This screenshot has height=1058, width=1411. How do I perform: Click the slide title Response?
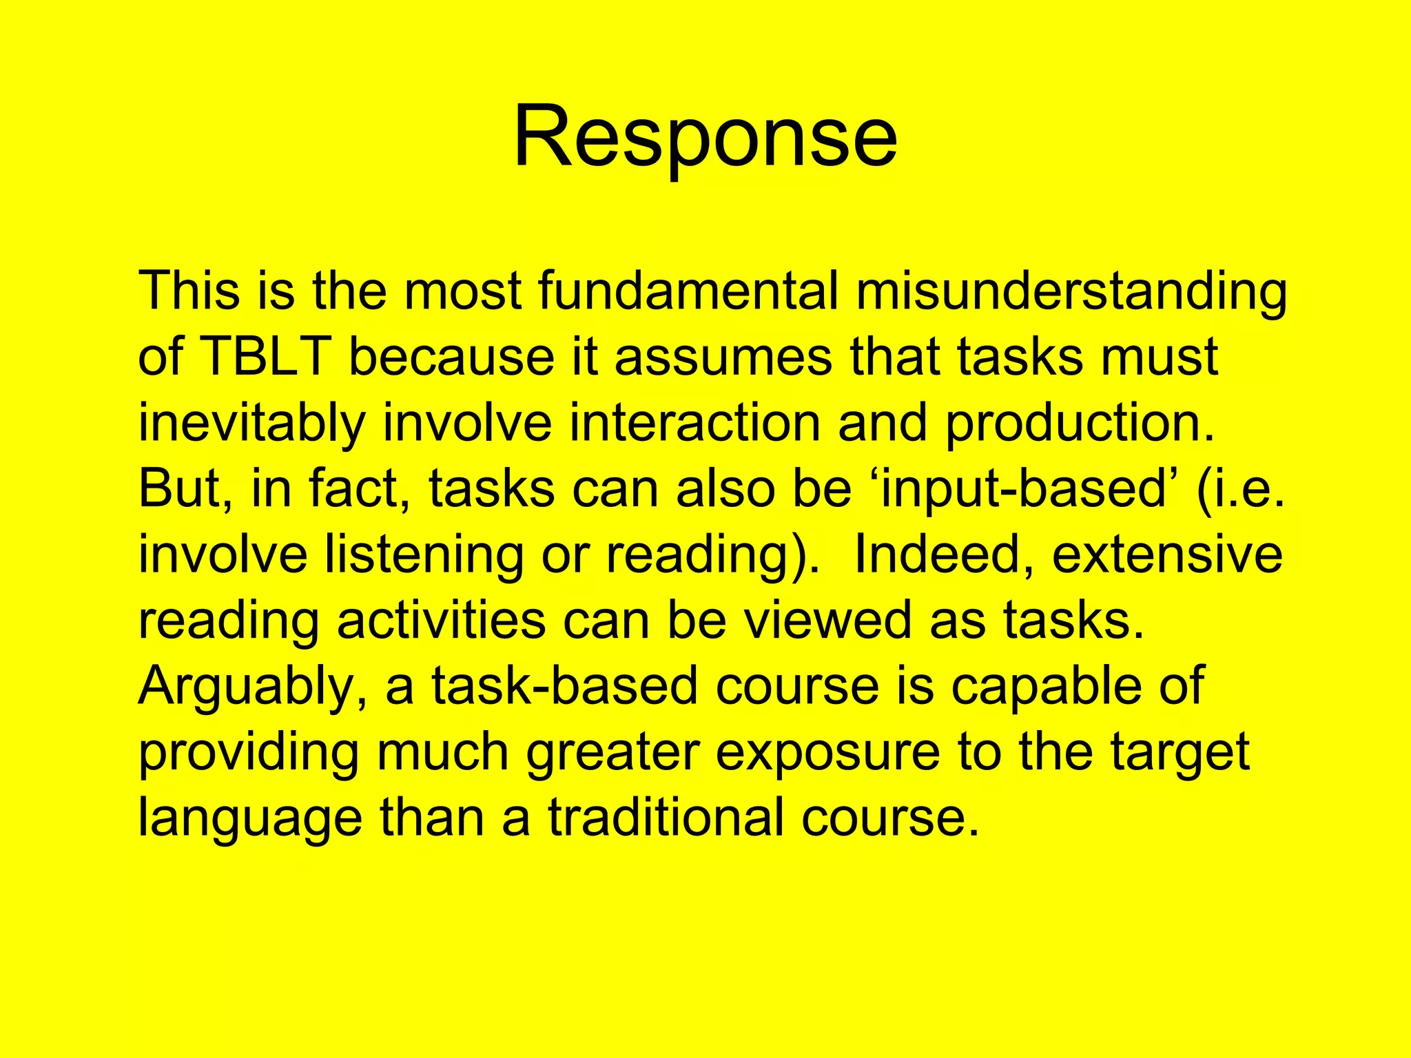pos(705,136)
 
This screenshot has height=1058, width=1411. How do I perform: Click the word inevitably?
pos(251,424)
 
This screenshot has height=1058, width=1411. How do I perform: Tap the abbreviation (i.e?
pos(1241,488)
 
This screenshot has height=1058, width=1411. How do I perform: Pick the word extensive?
pos(1167,554)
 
